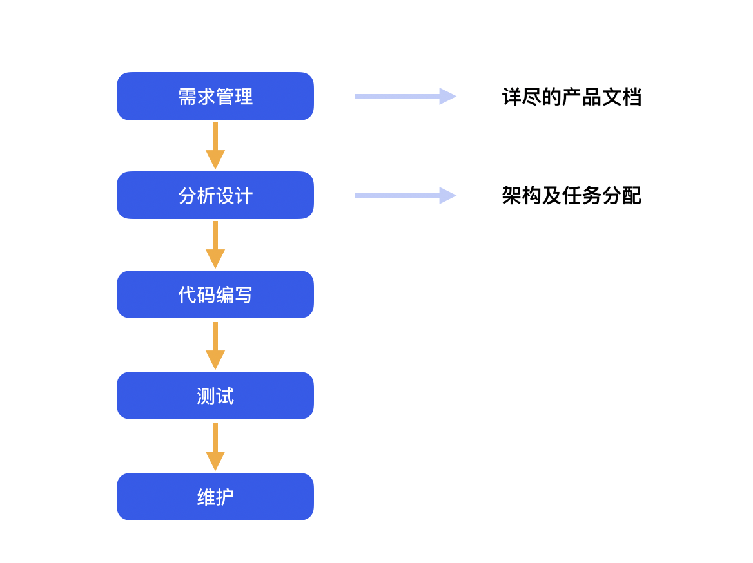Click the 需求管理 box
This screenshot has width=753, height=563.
pyautogui.click(x=215, y=97)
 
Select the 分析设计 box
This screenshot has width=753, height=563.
pyautogui.click(x=215, y=195)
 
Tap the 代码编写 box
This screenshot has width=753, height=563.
pyautogui.click(x=215, y=294)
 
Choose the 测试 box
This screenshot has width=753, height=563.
pyautogui.click(x=215, y=396)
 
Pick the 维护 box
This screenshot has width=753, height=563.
pyautogui.click(x=215, y=497)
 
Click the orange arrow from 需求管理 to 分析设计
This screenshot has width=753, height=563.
pyautogui.click(x=215, y=146)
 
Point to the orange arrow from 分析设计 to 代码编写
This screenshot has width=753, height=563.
pyautogui.click(x=215, y=245)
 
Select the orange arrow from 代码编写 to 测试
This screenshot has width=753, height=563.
pyautogui.click(x=215, y=345)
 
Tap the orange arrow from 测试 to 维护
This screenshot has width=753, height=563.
pyautogui.click(x=215, y=447)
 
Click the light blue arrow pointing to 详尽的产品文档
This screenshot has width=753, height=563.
pyautogui.click(x=406, y=97)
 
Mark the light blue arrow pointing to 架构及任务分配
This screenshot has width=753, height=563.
pyautogui.click(x=406, y=195)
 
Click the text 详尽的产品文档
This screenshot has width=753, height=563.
pyautogui.click(x=571, y=97)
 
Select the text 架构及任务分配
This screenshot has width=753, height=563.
pyautogui.click(x=571, y=195)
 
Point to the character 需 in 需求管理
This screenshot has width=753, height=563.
pyautogui.click(x=188, y=97)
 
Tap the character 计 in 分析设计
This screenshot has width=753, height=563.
pyautogui.click(x=244, y=196)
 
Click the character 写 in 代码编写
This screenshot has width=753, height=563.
pyautogui.click(x=244, y=294)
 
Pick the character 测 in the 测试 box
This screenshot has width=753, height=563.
pyautogui.click(x=206, y=396)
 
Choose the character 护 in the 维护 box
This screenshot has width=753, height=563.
pyautogui.click(x=225, y=497)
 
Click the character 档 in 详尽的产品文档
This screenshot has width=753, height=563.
pyautogui.click(x=632, y=97)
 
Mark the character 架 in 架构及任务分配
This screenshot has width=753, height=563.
pyautogui.click(x=512, y=195)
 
